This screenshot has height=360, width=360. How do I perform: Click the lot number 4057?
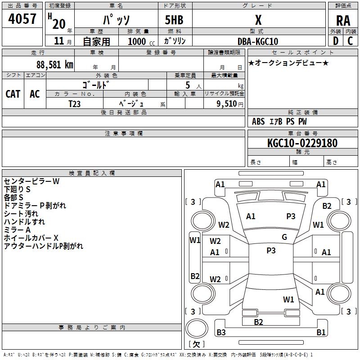click(x=22, y=19)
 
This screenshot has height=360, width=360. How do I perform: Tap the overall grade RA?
click(x=343, y=21)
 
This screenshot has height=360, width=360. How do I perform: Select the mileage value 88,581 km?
click(x=55, y=64)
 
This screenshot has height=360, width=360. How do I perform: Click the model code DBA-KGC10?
click(x=258, y=41)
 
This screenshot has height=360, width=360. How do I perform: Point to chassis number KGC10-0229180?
click(x=302, y=143)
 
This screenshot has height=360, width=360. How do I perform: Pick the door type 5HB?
click(x=174, y=20)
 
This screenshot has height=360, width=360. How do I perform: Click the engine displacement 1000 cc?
click(x=141, y=41)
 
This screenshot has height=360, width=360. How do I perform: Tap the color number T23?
click(x=75, y=104)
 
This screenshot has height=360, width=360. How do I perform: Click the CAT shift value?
click(x=13, y=94)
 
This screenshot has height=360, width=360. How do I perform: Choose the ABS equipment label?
click(x=258, y=121)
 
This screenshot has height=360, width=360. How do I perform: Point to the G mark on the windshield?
click(x=284, y=237)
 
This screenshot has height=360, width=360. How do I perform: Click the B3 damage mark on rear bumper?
click(x=221, y=332)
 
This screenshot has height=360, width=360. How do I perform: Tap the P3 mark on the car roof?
click(x=271, y=250)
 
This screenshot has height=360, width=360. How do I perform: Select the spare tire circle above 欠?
click(x=197, y=328)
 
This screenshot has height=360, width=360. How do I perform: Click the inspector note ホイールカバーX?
click(x=31, y=238)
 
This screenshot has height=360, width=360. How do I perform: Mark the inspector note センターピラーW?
click(x=31, y=181)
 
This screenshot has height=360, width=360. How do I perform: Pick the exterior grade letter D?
click(x=336, y=41)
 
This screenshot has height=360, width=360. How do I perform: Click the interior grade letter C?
click(x=350, y=41)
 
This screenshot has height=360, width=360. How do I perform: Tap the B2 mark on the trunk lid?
click(x=258, y=322)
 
